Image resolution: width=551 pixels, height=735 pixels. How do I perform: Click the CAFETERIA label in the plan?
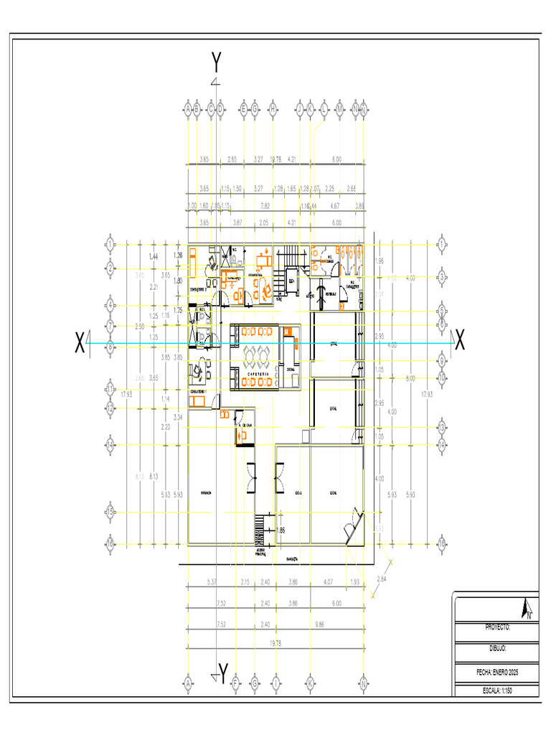pos(257,375)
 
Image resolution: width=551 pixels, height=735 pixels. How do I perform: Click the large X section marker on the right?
pos(459,342)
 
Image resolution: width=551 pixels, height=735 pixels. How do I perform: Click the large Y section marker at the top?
pos(217,63)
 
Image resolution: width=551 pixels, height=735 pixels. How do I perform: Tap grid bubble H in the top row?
pos(273,109)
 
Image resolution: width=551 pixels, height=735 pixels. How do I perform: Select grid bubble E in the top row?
pos(244,109)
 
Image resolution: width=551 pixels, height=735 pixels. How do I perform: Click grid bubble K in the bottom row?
pos(310,683)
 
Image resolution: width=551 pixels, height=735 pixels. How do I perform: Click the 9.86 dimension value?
pos(320,624)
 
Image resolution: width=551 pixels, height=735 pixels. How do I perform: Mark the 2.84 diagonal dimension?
pos(381,580)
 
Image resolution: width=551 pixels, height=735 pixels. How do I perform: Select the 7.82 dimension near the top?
pos(265,206)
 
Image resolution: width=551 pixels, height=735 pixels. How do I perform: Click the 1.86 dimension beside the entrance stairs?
pos(281,530)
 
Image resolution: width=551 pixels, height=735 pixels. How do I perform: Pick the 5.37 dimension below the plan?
pos(212,581)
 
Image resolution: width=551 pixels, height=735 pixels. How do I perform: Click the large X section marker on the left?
pos(80,343)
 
